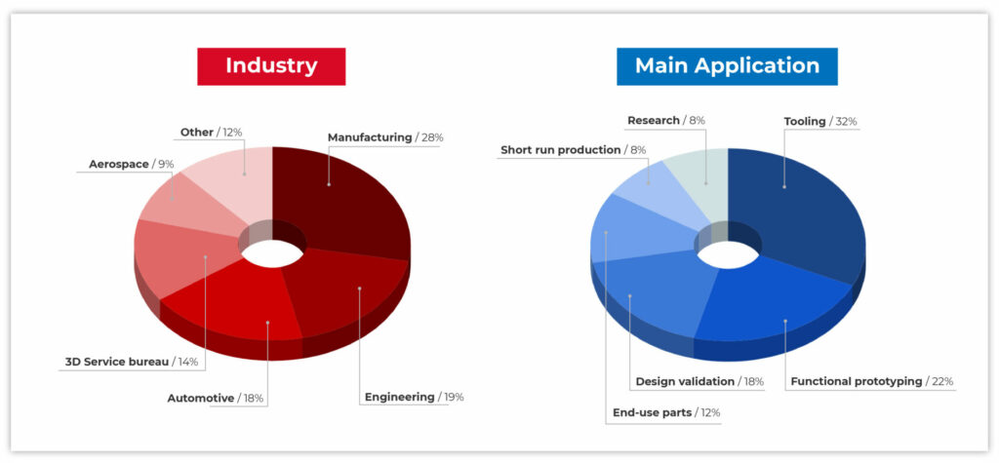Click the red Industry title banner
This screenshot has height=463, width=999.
pyautogui.click(x=271, y=66)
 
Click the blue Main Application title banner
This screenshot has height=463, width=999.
pyautogui.click(x=727, y=66)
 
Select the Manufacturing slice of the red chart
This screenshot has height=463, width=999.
pyautogui.click(x=338, y=198)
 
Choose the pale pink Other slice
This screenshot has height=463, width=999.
pyautogui.click(x=236, y=178)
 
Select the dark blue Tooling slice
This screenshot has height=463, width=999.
pyautogui.click(x=796, y=204)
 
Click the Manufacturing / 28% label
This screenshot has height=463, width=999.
pyautogui.click(x=385, y=137)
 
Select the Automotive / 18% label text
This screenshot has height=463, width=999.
pyautogui.click(x=216, y=399)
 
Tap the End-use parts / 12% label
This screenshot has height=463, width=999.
pyautogui.click(x=666, y=412)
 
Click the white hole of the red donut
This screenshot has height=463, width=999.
pyautogui.click(x=273, y=253)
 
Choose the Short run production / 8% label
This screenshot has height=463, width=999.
pyautogui.click(x=574, y=150)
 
